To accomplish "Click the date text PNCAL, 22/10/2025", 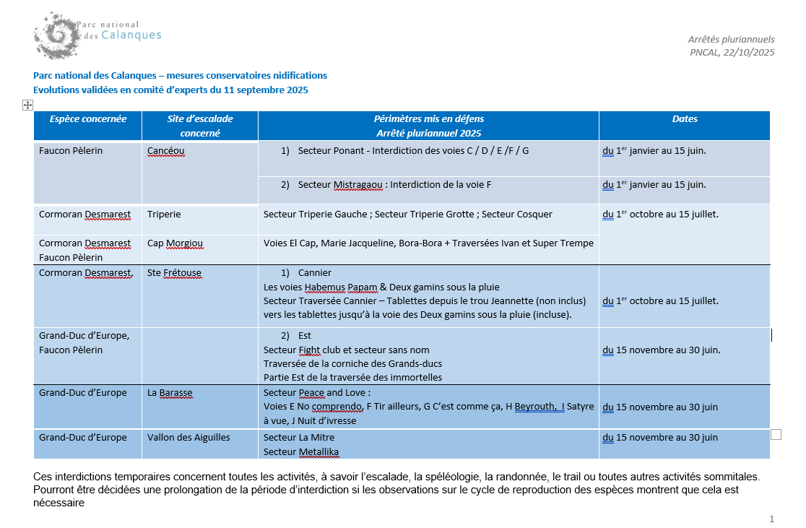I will point(732,52).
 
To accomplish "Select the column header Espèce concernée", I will point(88,119).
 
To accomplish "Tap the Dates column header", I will point(684,119).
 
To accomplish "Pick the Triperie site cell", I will point(164,215).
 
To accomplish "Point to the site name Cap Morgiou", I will point(175,243).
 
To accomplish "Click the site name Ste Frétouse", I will point(174,273).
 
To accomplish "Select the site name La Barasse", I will point(170,393).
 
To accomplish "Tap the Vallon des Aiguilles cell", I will point(188,438).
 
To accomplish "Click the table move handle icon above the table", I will point(27,105).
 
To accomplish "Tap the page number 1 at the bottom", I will point(772,519).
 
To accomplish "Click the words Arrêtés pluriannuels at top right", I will point(731,39).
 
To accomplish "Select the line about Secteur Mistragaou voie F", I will point(394,185).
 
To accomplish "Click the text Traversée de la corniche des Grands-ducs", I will point(352,364).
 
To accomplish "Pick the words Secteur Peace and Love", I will point(316,393).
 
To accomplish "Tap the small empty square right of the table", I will point(776,434).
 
